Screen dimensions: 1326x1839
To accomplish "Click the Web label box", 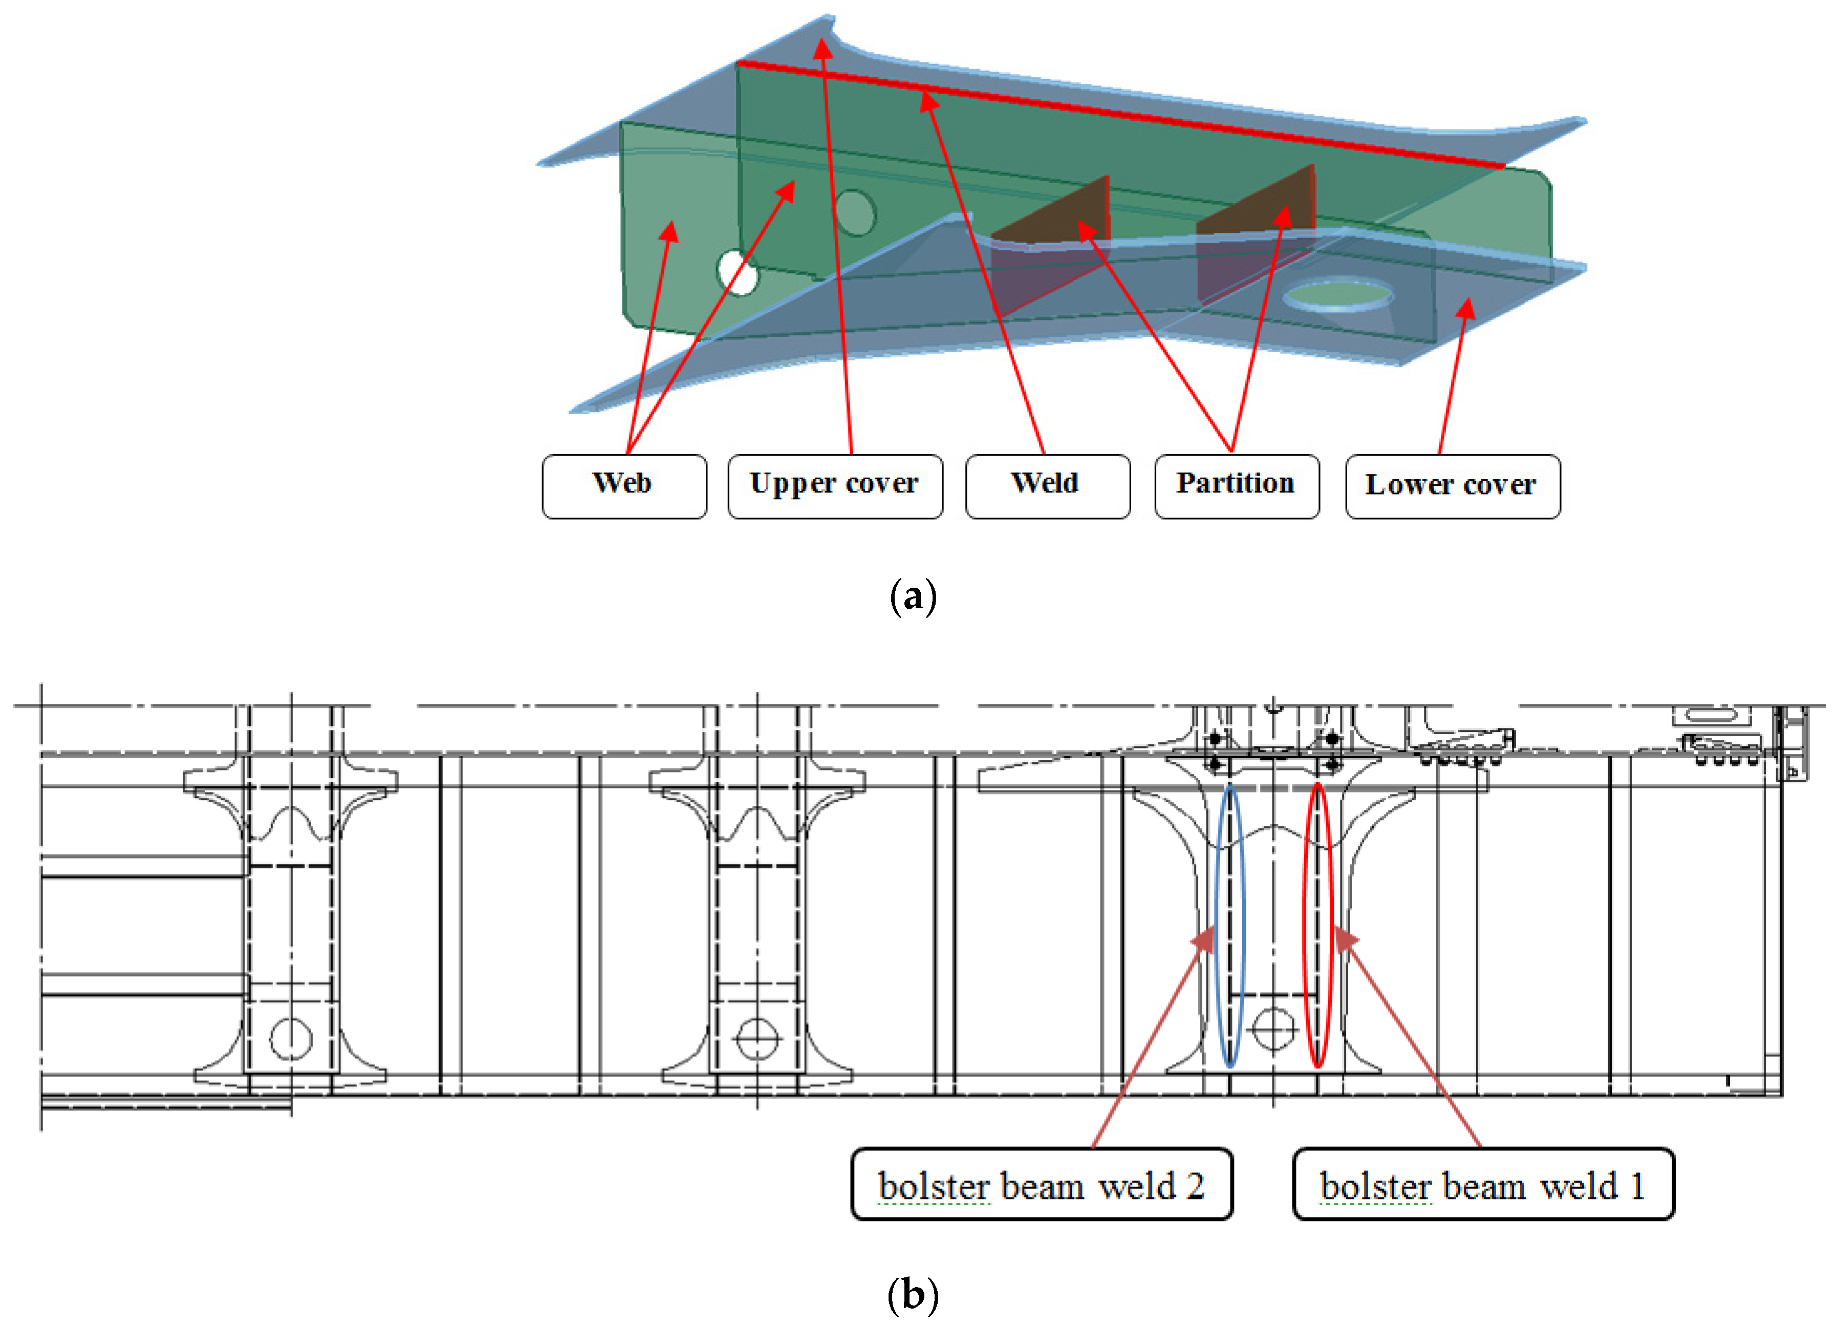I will coord(623,486).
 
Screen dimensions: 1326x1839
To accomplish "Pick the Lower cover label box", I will coord(1452,486).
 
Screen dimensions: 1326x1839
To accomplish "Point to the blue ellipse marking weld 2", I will coord(1231,925).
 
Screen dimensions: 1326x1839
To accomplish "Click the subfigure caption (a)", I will coord(913,596).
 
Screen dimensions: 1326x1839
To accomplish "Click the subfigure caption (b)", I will coord(913,1294).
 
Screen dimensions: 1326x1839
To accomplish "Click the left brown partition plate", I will coord(1054,243).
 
